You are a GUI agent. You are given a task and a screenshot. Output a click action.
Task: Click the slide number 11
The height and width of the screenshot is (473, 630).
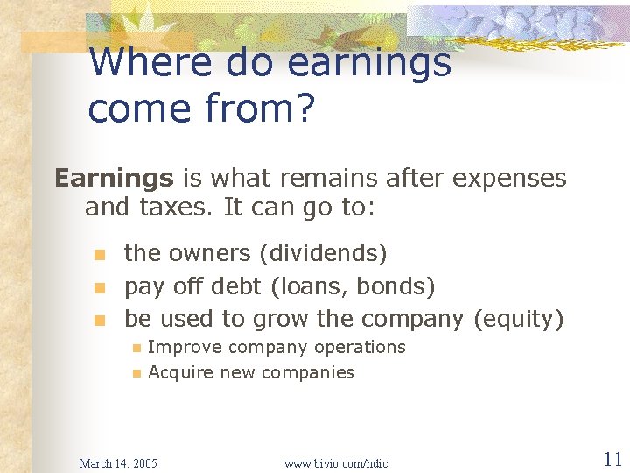click(x=612, y=459)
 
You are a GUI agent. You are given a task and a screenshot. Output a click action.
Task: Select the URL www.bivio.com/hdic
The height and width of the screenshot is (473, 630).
click(x=336, y=462)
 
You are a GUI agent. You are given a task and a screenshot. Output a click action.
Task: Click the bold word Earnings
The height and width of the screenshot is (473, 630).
click(x=114, y=179)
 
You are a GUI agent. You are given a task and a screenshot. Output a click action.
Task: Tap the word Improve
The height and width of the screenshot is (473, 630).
click(x=178, y=347)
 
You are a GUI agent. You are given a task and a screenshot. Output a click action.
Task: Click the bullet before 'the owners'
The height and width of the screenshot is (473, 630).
click(x=100, y=255)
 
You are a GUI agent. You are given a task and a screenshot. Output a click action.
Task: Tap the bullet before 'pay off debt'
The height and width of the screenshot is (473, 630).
click(x=100, y=287)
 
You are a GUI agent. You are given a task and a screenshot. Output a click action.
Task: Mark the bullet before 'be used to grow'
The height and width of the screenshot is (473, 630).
click(x=100, y=320)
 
